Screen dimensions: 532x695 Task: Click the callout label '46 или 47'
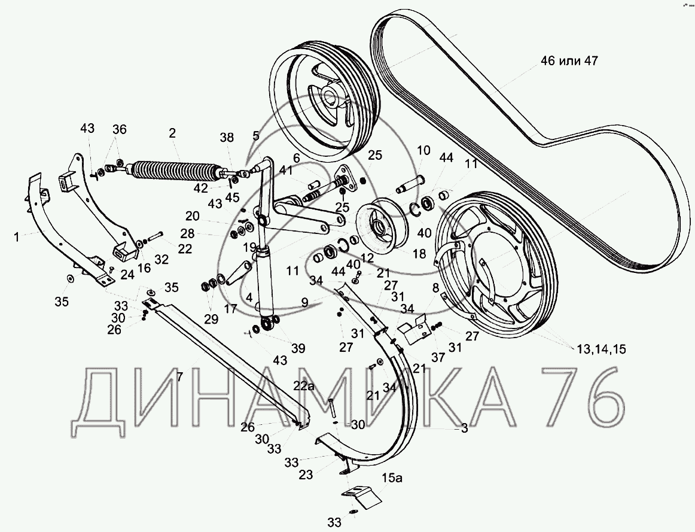coord(568,61)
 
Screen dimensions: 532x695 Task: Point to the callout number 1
coord(17,237)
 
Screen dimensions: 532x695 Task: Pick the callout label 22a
coord(303,386)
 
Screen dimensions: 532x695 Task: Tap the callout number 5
coord(256,136)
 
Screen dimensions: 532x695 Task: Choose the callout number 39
coord(281,348)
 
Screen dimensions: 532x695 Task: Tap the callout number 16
coord(144,269)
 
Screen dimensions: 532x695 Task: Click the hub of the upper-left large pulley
coord(329,99)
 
